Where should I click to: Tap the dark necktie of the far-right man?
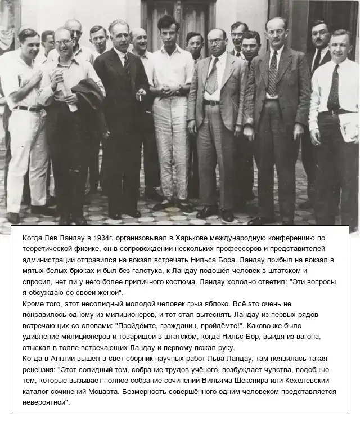tap(334, 87)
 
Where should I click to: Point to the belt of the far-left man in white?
tap(25, 108)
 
